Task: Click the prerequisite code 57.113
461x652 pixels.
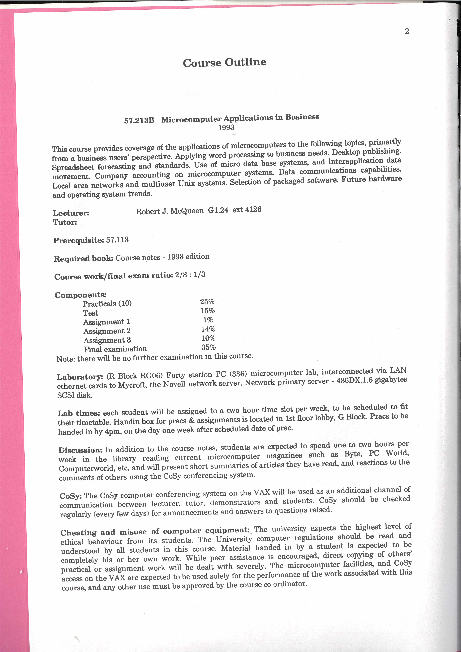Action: [x=117, y=240]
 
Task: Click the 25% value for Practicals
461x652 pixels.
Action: [x=207, y=302]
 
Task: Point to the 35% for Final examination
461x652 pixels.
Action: [x=209, y=347]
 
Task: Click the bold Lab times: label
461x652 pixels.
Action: [x=79, y=413]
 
